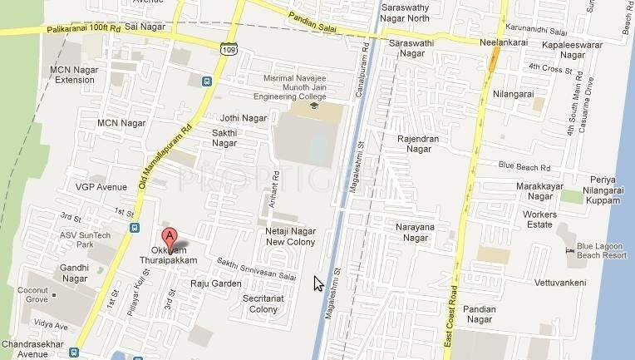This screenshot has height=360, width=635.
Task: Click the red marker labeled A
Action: (170, 236)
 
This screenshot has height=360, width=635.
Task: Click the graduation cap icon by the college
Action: (313, 106)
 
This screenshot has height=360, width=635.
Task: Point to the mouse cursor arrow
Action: (317, 284)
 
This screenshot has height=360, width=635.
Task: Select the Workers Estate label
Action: (539, 220)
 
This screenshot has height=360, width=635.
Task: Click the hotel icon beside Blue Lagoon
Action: (569, 249)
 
